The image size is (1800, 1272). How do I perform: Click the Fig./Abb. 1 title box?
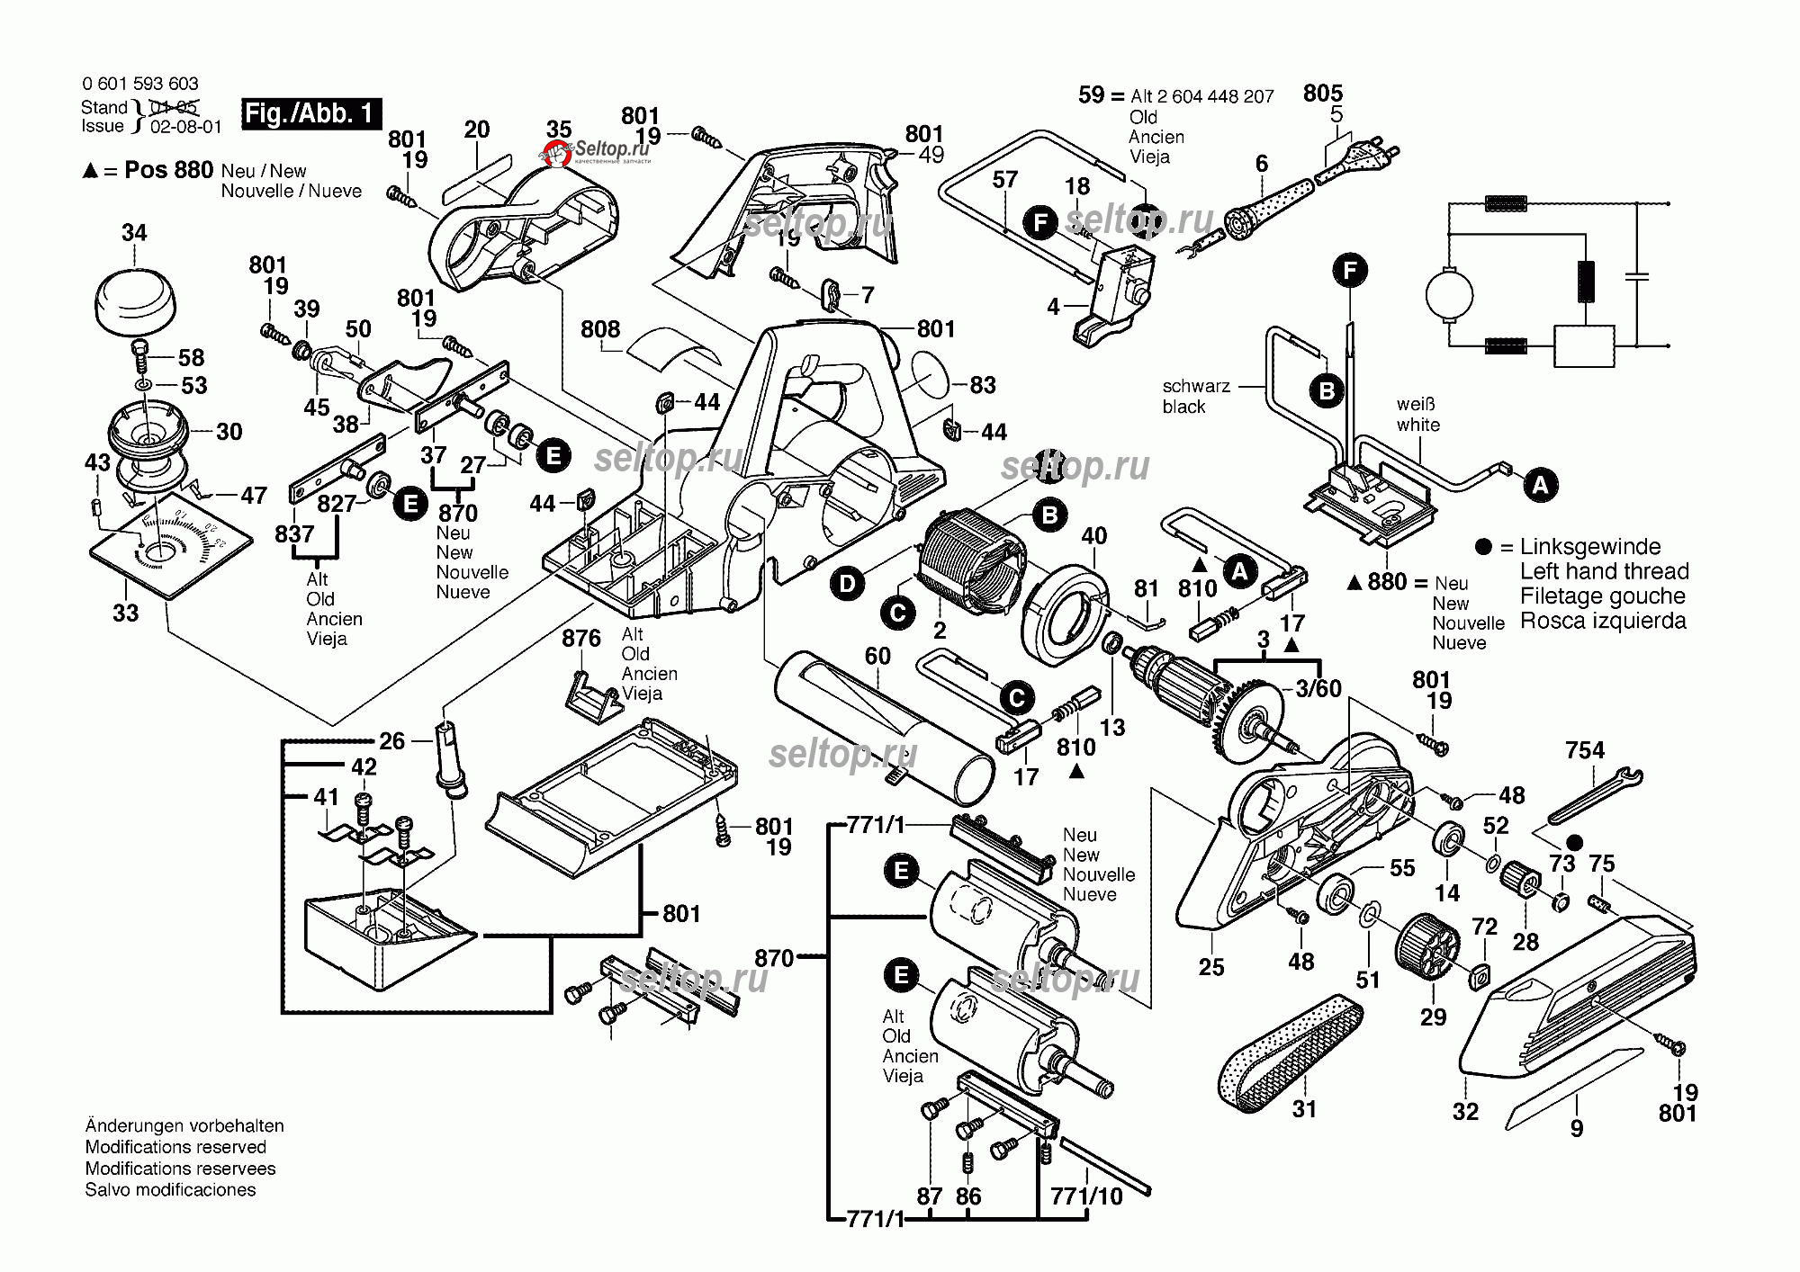pyautogui.click(x=311, y=113)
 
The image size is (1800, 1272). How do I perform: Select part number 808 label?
pyautogui.click(x=600, y=329)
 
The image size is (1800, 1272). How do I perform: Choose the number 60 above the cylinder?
pyautogui.click(x=877, y=656)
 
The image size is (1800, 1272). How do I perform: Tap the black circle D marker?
pyautogui.click(x=847, y=584)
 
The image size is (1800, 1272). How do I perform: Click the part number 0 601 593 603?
pyautogui.click(x=140, y=84)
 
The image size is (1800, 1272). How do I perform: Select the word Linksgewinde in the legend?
pyautogui.click(x=1590, y=547)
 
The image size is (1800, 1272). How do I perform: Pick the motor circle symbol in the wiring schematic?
pyautogui.click(x=1449, y=294)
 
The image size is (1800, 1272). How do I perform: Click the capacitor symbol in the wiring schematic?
pyautogui.click(x=1637, y=274)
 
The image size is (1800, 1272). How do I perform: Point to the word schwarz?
pyautogui.click(x=1196, y=386)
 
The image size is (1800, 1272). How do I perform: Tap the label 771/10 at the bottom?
pyautogui.click(x=1086, y=1196)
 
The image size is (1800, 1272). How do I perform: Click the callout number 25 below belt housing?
pyautogui.click(x=1211, y=967)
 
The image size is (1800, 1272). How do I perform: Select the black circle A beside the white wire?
pyautogui.click(x=1541, y=486)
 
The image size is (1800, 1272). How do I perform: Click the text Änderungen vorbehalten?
pyautogui.click(x=184, y=1125)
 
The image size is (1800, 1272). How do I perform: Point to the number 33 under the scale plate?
pyautogui.click(x=126, y=613)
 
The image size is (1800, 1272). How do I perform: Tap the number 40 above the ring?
pyautogui.click(x=1093, y=536)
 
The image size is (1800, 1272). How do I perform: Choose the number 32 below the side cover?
pyautogui.click(x=1465, y=1112)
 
